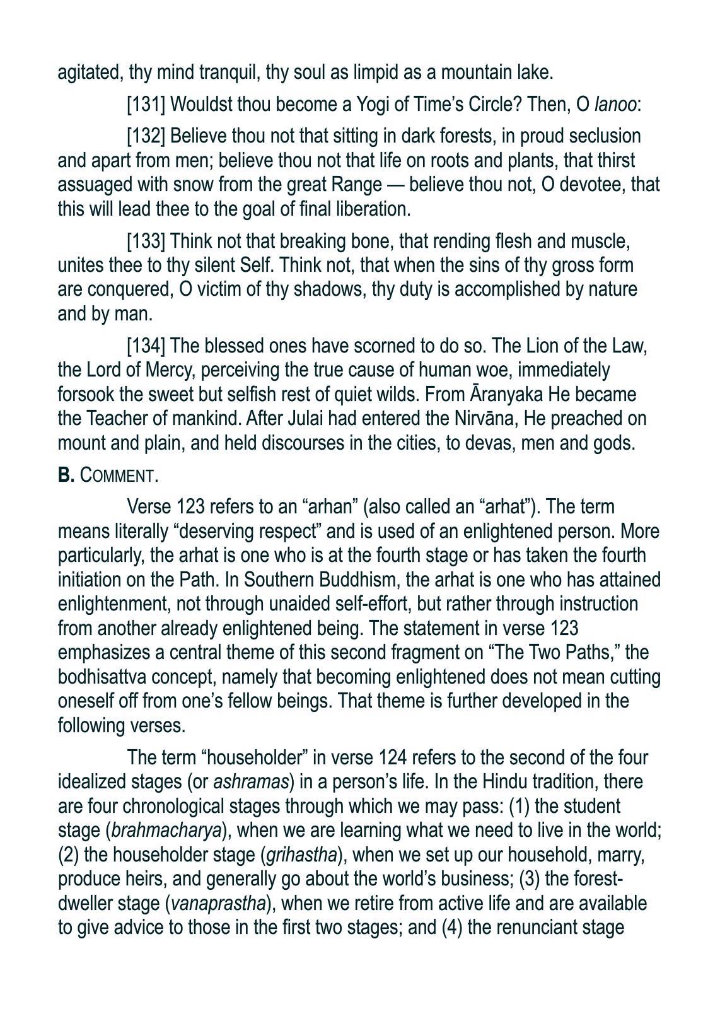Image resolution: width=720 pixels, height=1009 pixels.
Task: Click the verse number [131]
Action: (146, 105)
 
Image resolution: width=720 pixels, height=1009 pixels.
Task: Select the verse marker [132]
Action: (146, 136)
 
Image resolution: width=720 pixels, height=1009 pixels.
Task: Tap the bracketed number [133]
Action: (146, 242)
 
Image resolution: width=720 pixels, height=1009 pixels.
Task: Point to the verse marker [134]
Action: (146, 346)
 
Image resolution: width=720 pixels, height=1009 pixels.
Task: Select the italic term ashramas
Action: (251, 782)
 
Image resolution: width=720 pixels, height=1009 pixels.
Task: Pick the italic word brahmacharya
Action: (167, 831)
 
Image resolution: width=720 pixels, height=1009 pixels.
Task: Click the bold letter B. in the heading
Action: (66, 475)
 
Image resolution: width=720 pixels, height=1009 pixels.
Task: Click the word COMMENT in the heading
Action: (119, 476)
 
